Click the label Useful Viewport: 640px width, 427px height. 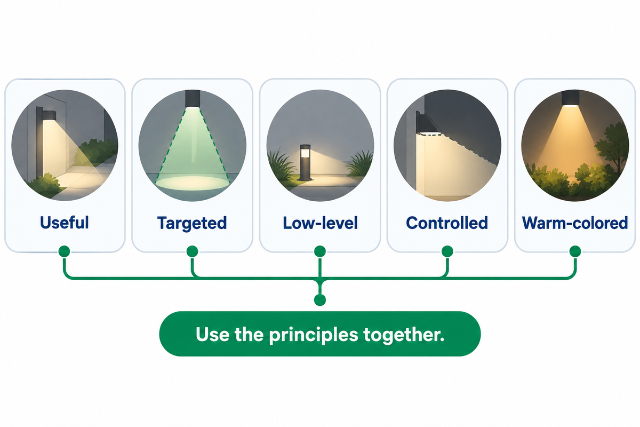(65, 223)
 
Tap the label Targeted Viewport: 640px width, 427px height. (192, 223)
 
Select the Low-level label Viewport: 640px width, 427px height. (320, 223)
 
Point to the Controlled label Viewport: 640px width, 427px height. (447, 223)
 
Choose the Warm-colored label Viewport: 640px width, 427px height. (575, 223)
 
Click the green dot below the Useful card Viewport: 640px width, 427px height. (65, 251)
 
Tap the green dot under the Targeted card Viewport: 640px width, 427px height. (193, 251)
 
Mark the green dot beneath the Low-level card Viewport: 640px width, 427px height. (320, 251)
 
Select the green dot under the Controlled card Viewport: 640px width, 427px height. (447, 251)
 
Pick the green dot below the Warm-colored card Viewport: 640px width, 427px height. (575, 251)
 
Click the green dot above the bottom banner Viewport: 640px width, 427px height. (320, 300)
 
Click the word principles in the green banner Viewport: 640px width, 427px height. (314, 335)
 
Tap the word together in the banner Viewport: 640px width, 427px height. (404, 334)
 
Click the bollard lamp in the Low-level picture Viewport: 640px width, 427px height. (305, 162)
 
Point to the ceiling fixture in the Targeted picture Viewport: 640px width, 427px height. (193, 99)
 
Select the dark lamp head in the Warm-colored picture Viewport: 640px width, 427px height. (571, 98)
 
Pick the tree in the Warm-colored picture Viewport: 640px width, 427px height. (613, 146)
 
